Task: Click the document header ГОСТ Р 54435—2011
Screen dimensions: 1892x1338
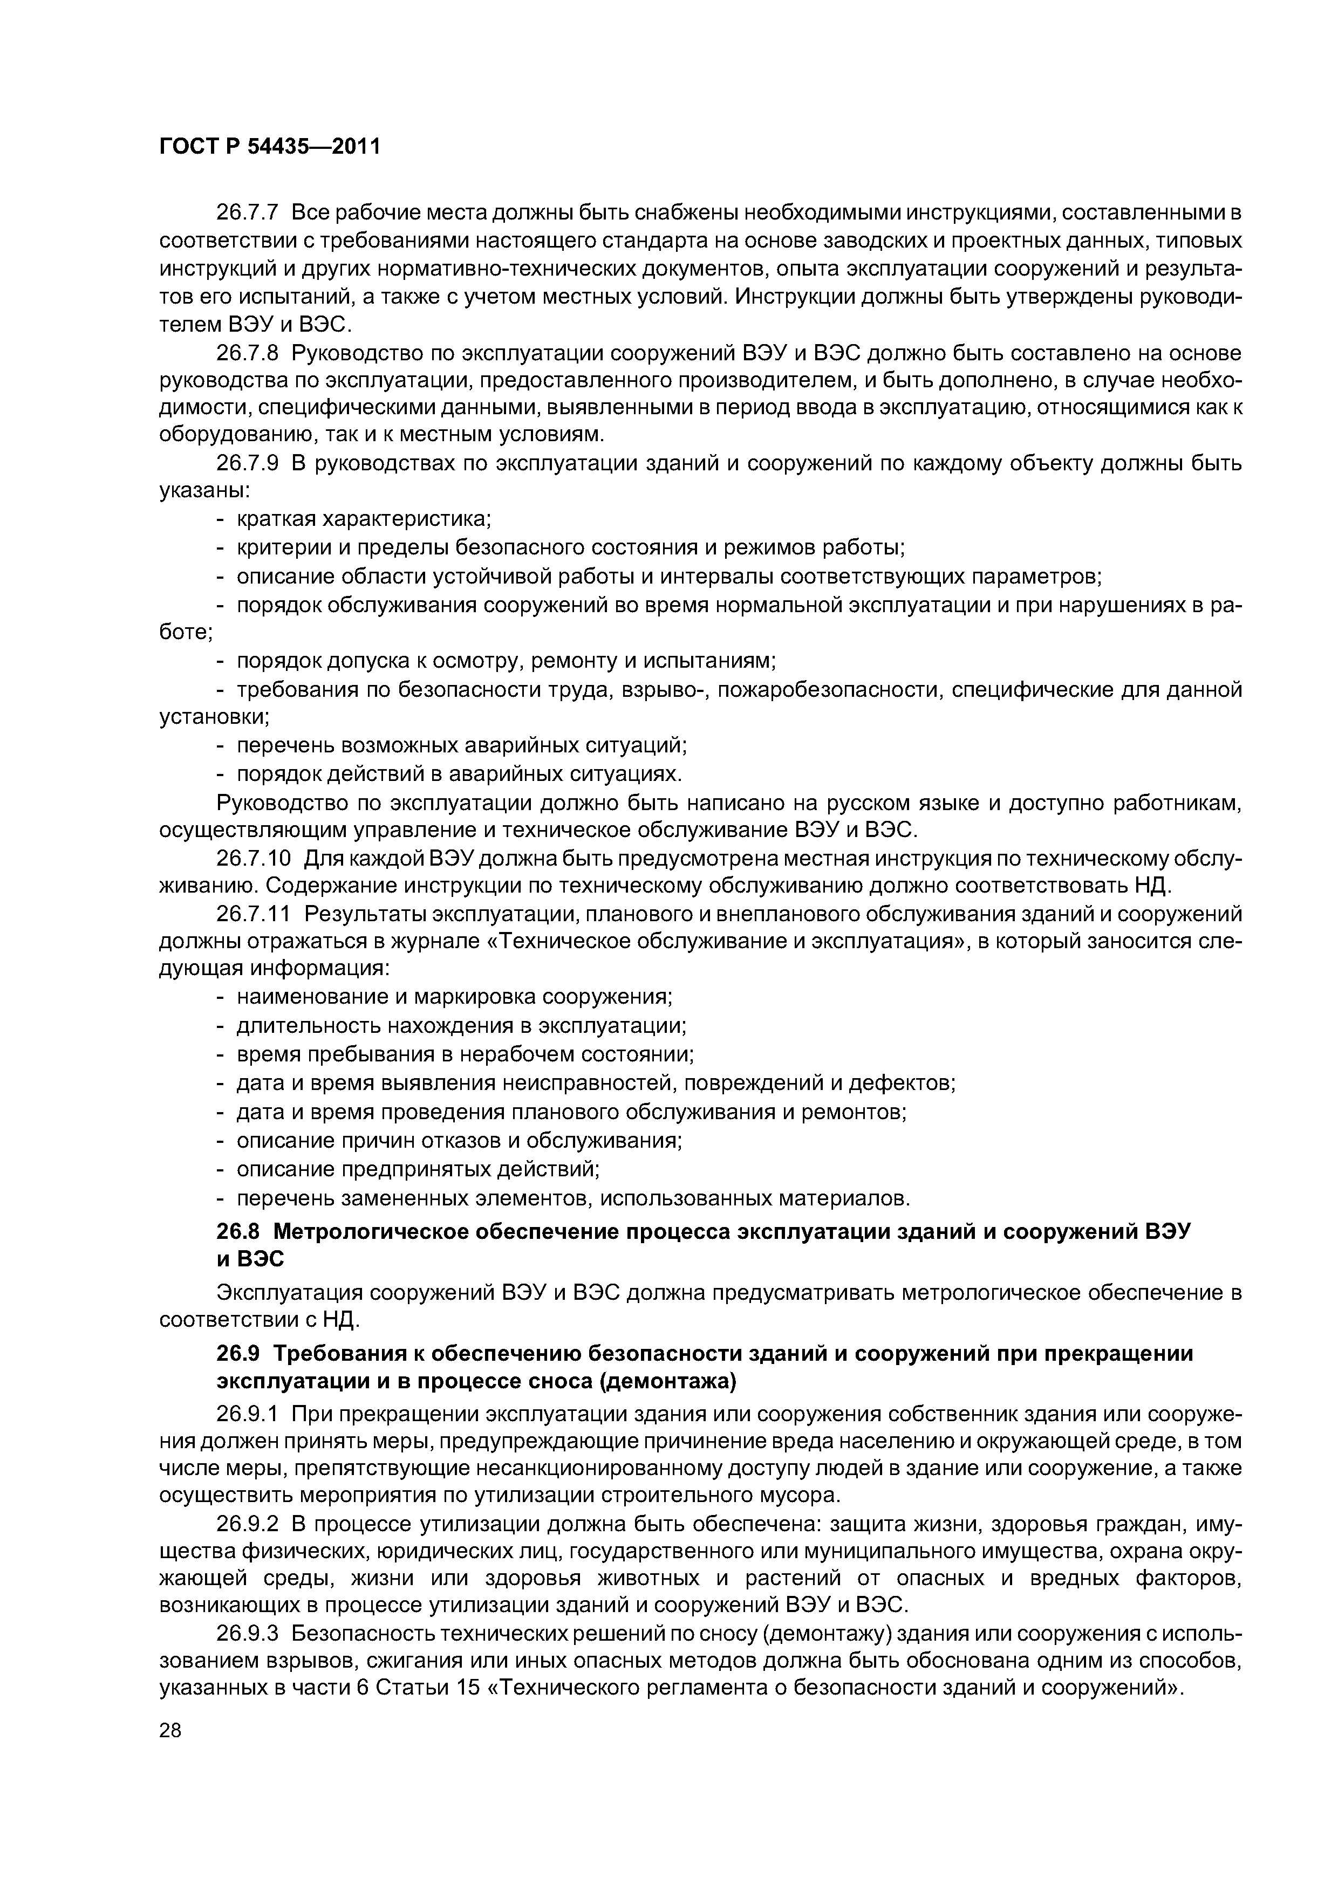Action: click(270, 147)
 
